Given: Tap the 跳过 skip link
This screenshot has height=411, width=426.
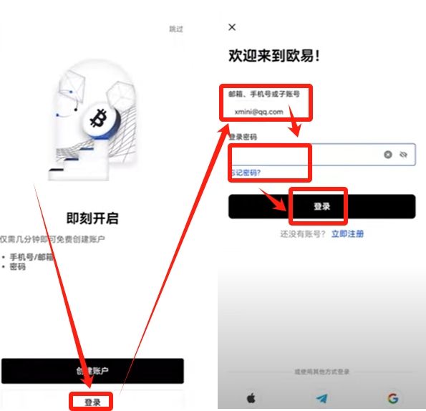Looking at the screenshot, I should click(175, 29).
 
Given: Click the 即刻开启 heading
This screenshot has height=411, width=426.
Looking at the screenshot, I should click(92, 218).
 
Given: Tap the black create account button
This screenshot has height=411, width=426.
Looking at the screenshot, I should click(92, 370).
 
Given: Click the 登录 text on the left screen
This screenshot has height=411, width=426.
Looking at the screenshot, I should click(92, 402).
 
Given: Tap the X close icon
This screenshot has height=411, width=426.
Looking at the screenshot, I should click(231, 27).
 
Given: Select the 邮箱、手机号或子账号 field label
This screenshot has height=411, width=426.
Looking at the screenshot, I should click(263, 94).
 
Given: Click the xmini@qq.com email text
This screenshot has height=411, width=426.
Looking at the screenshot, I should click(259, 112).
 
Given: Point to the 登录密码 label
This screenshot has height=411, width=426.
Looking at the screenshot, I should click(243, 137).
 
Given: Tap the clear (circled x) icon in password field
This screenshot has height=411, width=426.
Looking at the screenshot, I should click(388, 154).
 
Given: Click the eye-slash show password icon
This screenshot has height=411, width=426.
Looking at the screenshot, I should click(403, 154).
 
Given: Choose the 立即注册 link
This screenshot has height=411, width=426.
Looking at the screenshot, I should click(347, 233).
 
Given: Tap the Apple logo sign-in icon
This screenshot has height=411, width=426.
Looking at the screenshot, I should click(251, 398).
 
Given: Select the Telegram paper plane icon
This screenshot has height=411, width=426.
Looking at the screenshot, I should click(321, 398).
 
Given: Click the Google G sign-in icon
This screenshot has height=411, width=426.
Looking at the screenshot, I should click(392, 398).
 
